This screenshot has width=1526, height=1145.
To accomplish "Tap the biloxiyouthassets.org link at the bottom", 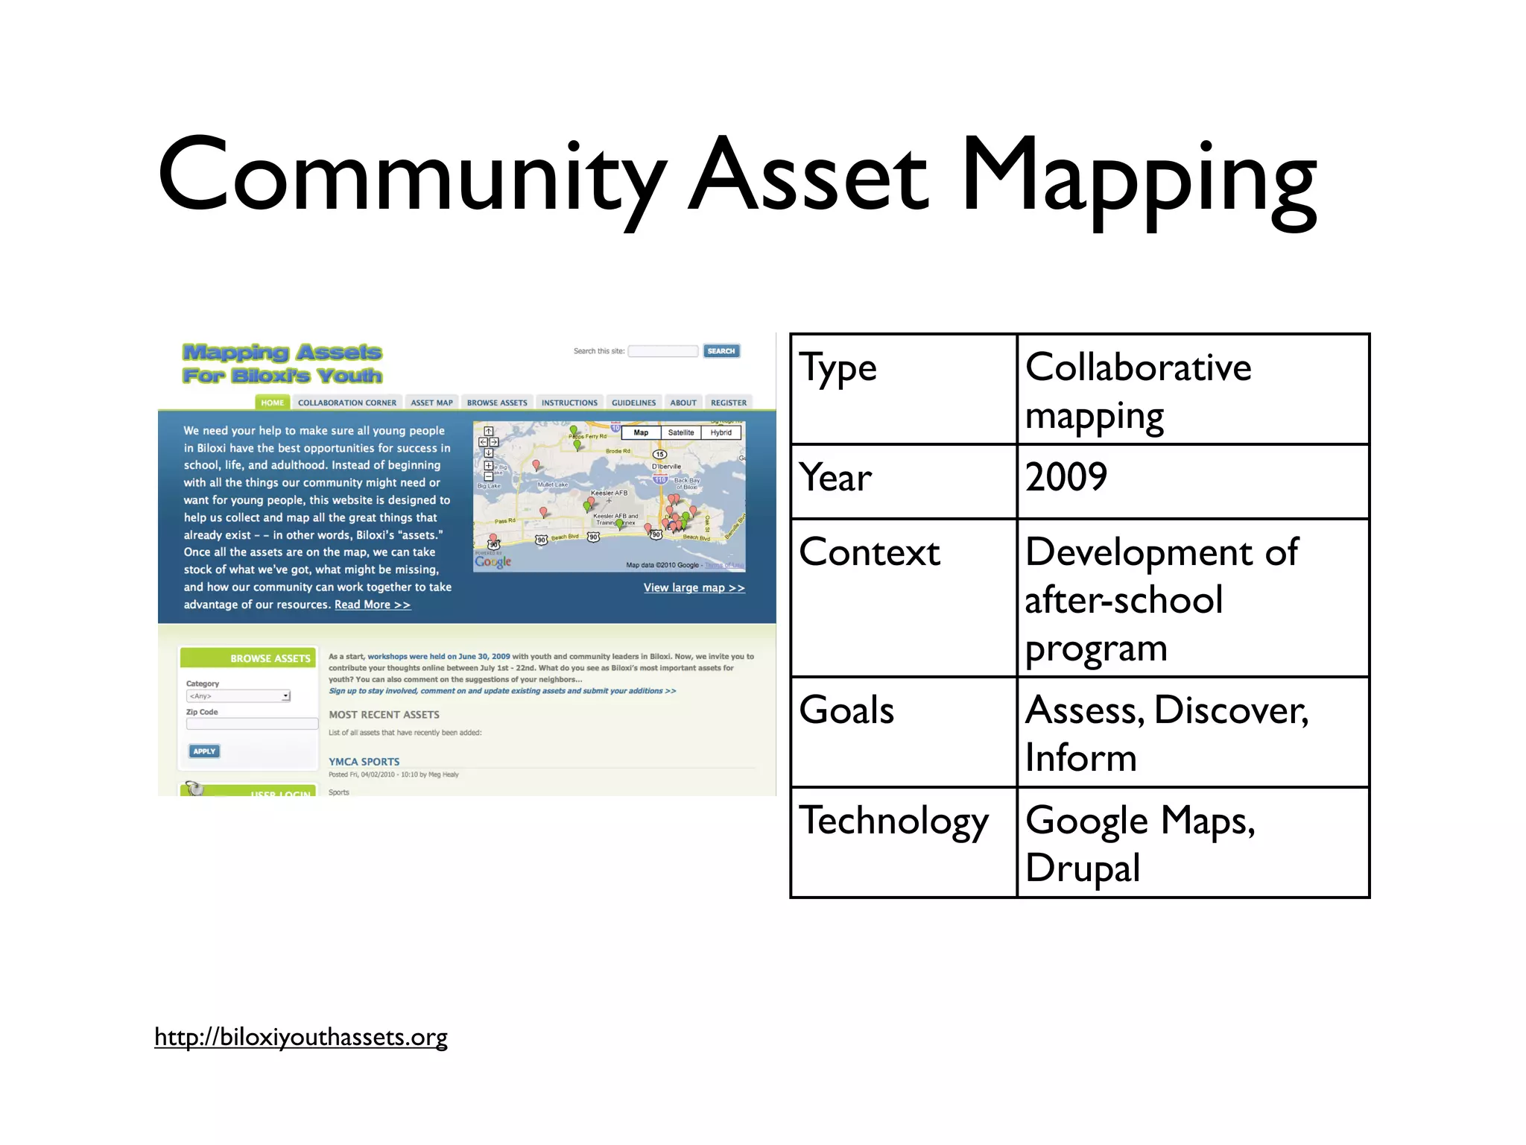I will point(301,1037).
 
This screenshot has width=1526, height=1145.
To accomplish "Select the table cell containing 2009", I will point(1192,479).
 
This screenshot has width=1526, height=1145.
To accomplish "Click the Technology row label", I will point(894,821).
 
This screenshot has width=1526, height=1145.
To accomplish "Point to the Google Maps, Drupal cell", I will point(1192,842).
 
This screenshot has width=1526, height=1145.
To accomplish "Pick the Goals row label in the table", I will point(846,710).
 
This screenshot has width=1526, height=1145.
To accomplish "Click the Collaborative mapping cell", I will point(1192,389).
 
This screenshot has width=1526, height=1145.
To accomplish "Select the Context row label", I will point(870,553).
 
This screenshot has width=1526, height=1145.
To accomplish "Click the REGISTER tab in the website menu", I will point(728,403).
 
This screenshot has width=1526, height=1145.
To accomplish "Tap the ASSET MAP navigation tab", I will point(431,403).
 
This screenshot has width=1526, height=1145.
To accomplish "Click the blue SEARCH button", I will point(721,351).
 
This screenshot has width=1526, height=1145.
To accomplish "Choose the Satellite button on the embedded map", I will point(680,432).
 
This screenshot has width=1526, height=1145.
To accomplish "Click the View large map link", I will point(694,587).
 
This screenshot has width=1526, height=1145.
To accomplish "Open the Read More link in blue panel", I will point(372,605).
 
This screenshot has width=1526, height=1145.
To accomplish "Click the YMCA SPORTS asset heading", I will point(364,761).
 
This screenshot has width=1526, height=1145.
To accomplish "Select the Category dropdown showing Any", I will point(238,695).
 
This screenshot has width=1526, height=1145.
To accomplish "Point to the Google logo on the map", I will point(493,561).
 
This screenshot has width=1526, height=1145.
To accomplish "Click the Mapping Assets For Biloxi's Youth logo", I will point(282,363).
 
